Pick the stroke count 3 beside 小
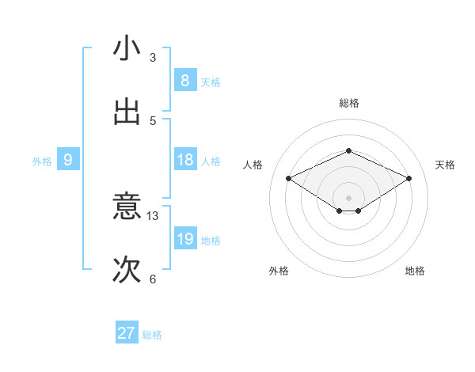click(x=153, y=57)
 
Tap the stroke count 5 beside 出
click(x=153, y=120)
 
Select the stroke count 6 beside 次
click(x=153, y=279)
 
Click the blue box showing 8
click(x=184, y=81)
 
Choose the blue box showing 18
click(x=184, y=160)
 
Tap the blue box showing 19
click(x=184, y=239)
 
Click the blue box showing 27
click(x=126, y=333)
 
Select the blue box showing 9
click(x=67, y=160)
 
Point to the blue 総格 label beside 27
click(x=152, y=335)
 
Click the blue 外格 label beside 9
click(x=42, y=161)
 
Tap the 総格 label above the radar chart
click(x=348, y=103)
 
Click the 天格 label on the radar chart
click(x=445, y=165)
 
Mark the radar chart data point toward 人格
click(x=289, y=179)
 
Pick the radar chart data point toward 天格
click(x=408, y=179)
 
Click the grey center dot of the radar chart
click(x=348, y=196)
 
